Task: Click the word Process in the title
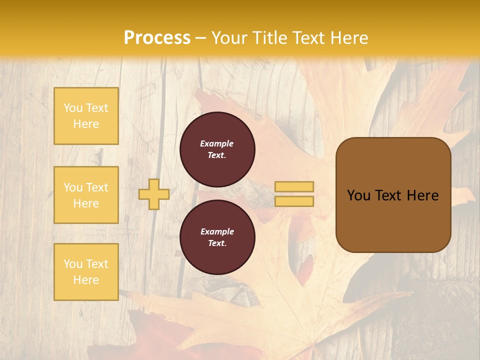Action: (157, 38)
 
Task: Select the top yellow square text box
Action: (86, 116)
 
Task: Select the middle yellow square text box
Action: (86, 195)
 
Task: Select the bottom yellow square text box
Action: (86, 272)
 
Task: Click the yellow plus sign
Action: (153, 194)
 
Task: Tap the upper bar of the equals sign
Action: (294, 186)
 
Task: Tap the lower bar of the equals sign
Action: (294, 201)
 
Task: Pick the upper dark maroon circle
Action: (217, 149)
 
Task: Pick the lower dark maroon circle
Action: (217, 237)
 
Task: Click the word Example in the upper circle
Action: (217, 143)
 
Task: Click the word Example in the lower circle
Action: (217, 231)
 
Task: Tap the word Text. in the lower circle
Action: (217, 243)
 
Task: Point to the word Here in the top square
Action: (86, 124)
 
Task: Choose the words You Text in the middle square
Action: (86, 187)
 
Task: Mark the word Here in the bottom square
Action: (86, 280)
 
